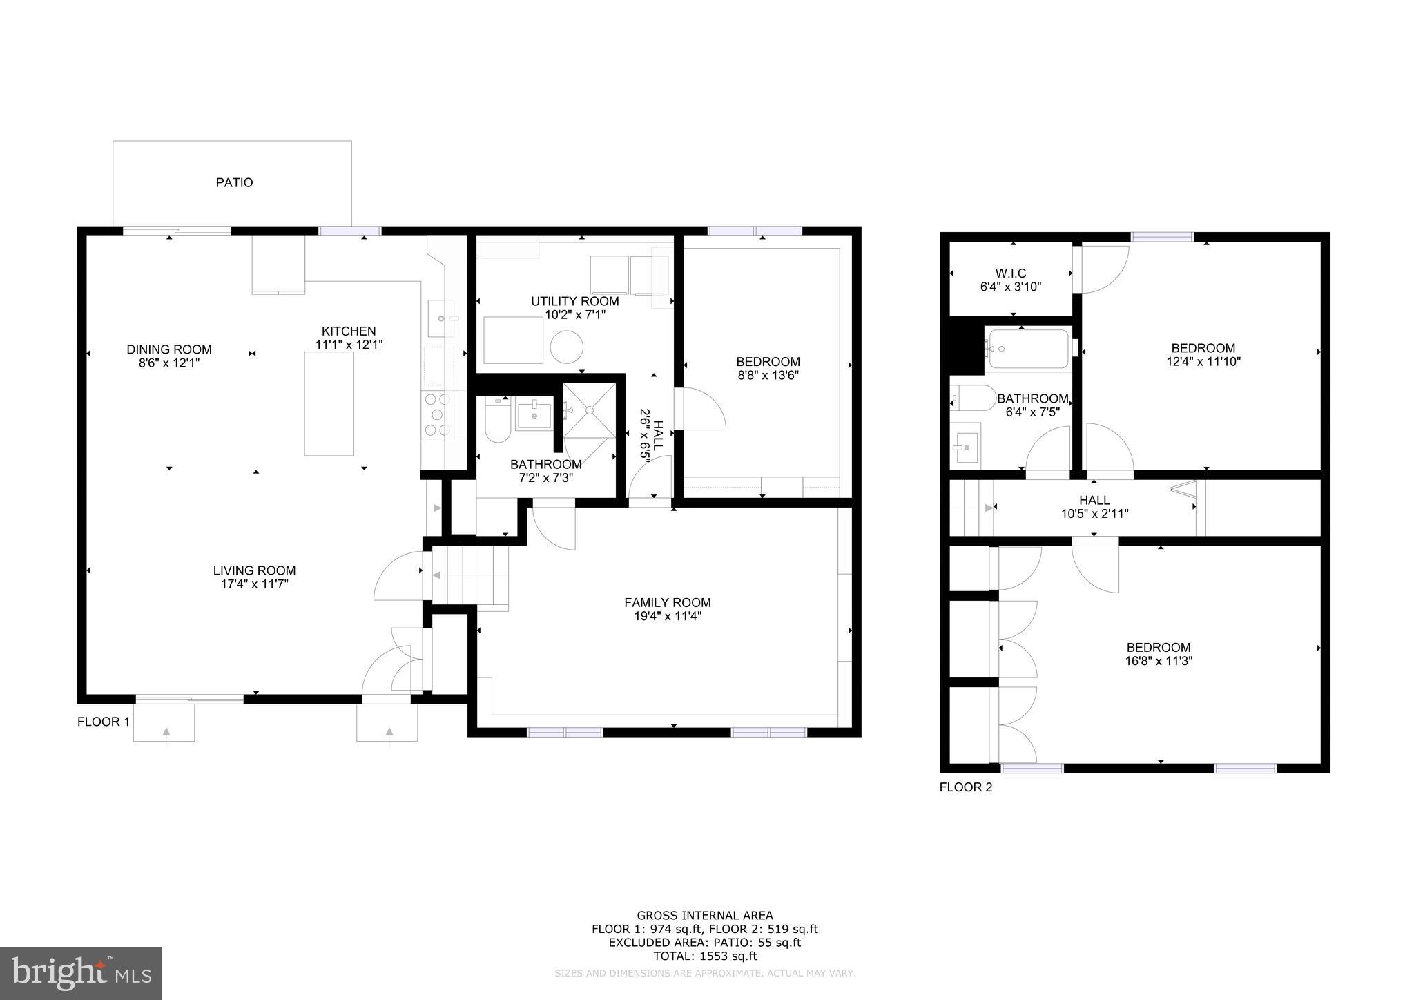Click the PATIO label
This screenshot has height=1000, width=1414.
pos(234,182)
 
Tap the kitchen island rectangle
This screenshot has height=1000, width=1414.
pos(329,404)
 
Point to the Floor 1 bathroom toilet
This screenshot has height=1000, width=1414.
pos(496,421)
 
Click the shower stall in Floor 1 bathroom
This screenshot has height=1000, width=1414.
pos(589,410)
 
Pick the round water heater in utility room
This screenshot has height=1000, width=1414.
pos(566,347)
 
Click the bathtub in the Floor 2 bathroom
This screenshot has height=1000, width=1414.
pos(1029,349)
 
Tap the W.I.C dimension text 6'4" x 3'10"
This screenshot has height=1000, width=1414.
pos(1011,287)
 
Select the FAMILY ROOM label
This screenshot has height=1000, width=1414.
pos(667,602)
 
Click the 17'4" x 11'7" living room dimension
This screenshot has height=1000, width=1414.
pos(254,584)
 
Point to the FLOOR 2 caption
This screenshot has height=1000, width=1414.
pos(965,787)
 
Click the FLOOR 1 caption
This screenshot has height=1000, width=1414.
pos(103,722)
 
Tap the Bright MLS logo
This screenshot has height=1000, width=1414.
pos(81,973)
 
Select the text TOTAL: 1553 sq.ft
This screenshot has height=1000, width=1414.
pos(705,956)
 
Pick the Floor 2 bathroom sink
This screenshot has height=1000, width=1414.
pos(965,446)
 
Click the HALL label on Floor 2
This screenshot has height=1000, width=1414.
pos(1094,500)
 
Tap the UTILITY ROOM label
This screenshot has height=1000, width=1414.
pos(574,301)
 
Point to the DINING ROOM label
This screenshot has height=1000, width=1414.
pos(168,349)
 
